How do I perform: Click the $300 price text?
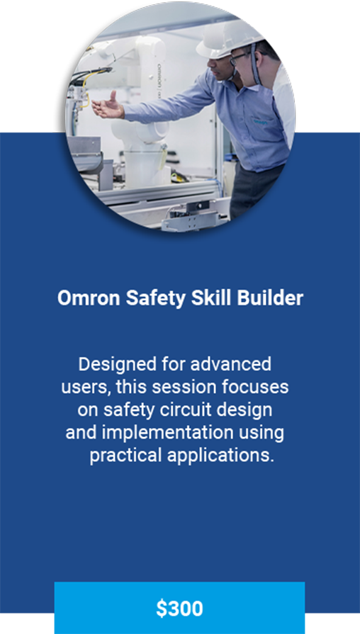(x=179, y=608)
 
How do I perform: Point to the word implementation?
(x=167, y=433)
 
